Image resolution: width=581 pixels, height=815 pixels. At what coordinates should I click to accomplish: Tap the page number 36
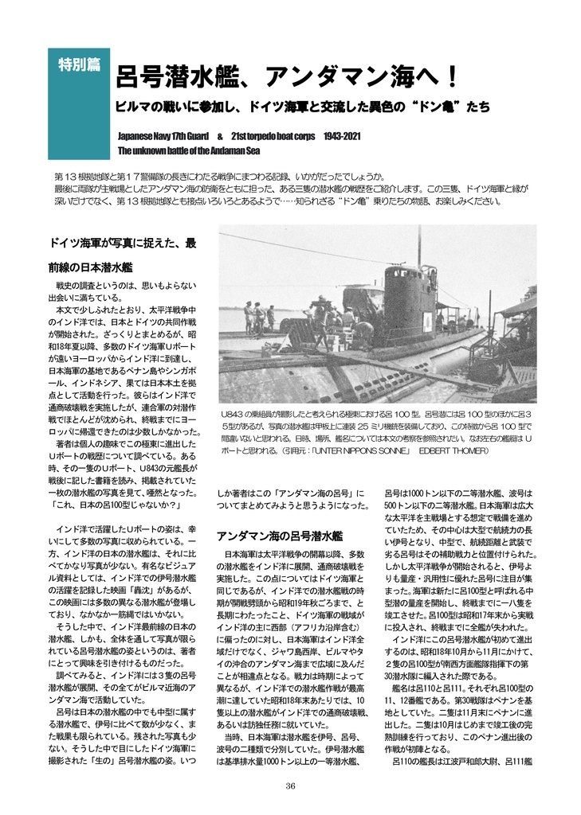coord(290,786)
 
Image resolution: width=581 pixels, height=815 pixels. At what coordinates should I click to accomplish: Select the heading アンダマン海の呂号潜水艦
coord(280,536)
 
